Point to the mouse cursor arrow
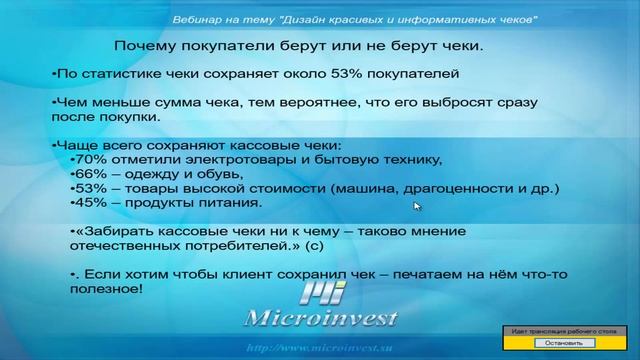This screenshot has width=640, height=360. (x=417, y=206)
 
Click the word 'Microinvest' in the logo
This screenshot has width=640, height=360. (x=321, y=319)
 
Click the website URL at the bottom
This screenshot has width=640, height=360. (x=319, y=348)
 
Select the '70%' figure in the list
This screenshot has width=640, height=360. (x=90, y=160)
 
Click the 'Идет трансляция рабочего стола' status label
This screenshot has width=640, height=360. (x=559, y=330)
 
